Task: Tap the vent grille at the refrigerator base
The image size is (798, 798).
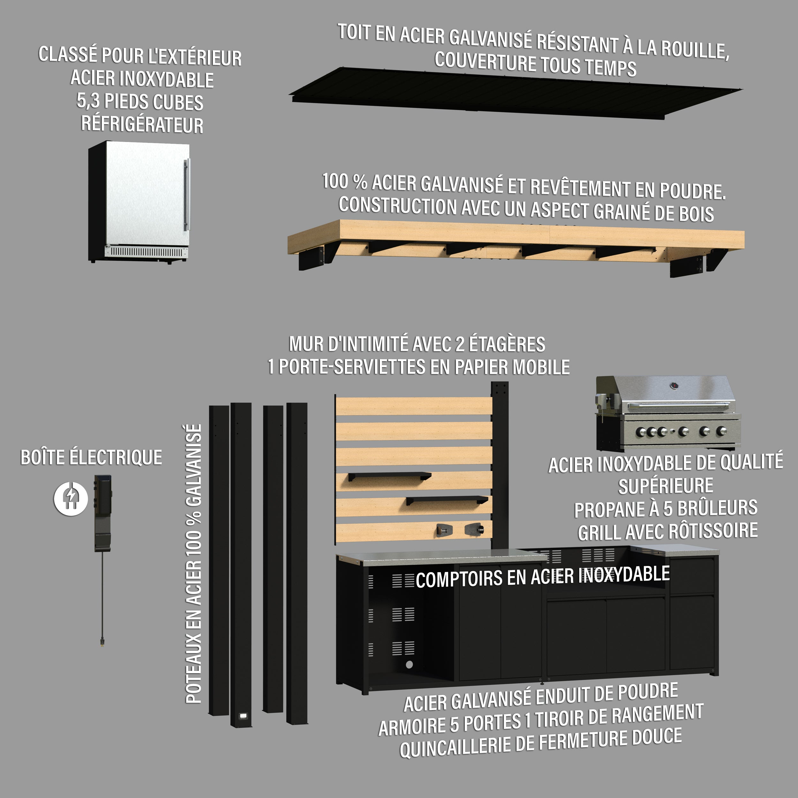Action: pos(147,252)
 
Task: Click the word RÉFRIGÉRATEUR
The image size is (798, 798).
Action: pos(142,124)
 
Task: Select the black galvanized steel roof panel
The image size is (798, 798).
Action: pos(515,93)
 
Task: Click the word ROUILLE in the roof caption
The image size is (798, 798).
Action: pos(695,49)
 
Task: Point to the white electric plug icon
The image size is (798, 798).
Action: pos(71,498)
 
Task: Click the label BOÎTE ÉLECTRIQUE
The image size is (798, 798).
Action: pos(91,458)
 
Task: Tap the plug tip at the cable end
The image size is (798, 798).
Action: pos(102,642)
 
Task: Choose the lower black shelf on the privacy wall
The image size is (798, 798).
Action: pos(447,500)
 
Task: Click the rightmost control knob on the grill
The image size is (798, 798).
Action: pos(721,431)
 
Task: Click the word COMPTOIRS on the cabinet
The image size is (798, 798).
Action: pos(459,579)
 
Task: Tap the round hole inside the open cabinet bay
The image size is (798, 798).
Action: pos(409,665)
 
